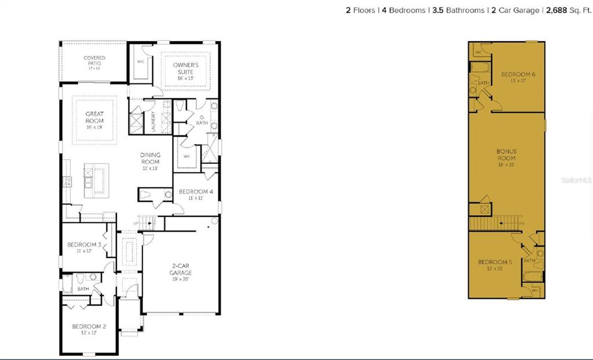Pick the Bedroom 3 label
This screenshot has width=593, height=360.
(84, 247)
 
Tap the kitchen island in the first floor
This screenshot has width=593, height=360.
(96, 180)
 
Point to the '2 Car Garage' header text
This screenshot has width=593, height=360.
(515, 10)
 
